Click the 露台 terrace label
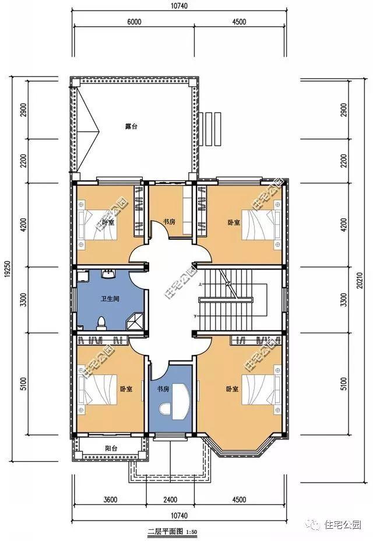pos(131,125)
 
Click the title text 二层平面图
pos(165,532)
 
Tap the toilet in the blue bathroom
pos(101,322)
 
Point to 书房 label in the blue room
pos(162,388)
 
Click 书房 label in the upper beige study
pos(169,222)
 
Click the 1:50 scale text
pos(193,532)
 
